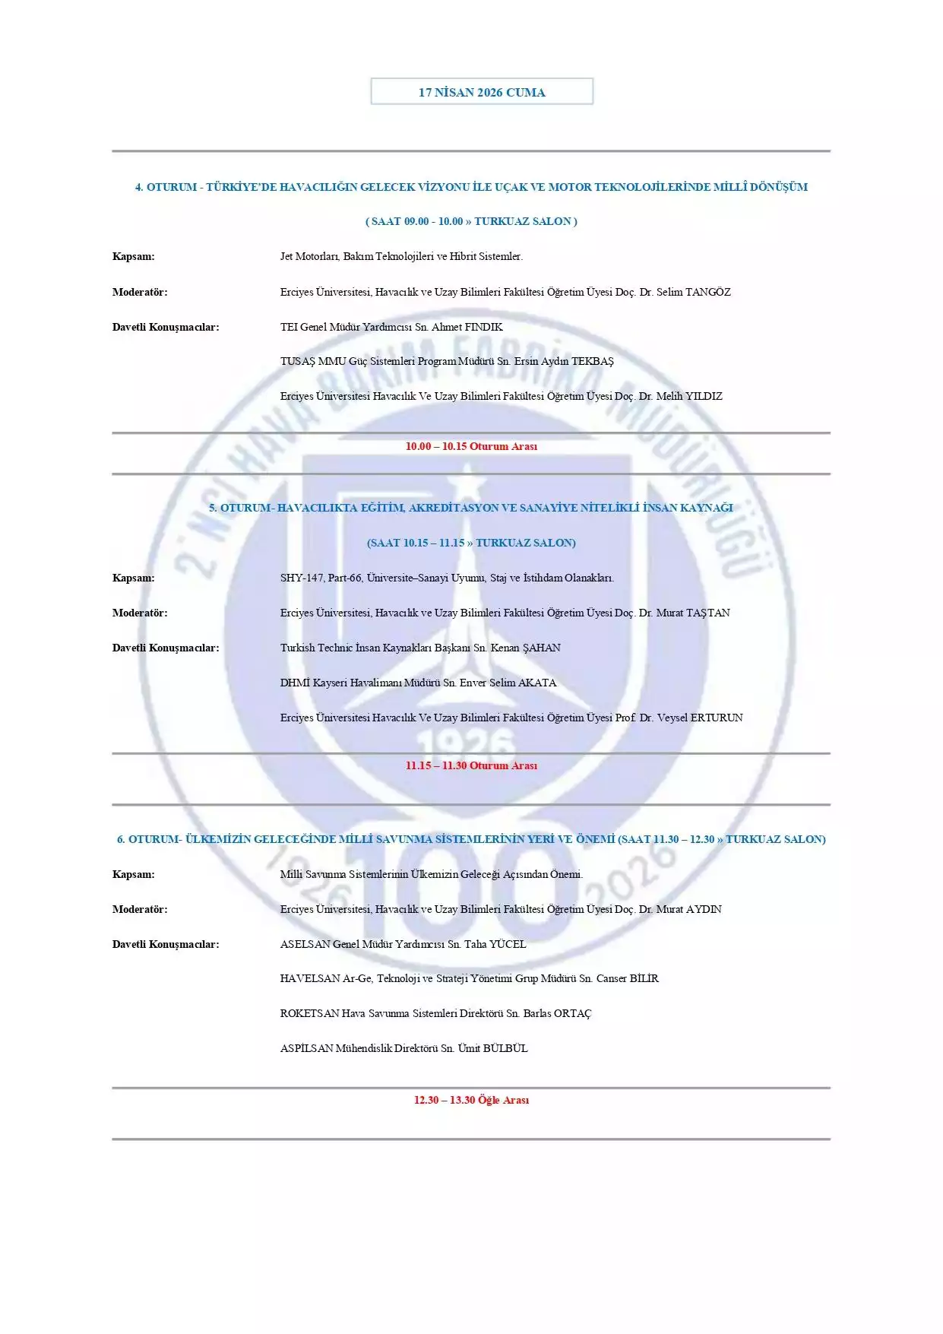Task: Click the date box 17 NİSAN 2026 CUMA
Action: click(482, 92)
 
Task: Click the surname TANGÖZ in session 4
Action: click(707, 292)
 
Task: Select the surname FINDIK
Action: click(483, 327)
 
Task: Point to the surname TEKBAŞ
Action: click(592, 361)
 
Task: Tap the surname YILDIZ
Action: click(704, 396)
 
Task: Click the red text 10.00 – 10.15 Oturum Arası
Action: click(471, 446)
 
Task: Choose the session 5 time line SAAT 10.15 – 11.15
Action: click(471, 543)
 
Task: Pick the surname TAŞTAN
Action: click(707, 613)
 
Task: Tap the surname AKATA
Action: click(537, 683)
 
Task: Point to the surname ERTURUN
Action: click(717, 718)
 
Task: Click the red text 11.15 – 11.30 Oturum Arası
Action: click(471, 765)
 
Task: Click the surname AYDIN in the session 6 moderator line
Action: click(704, 909)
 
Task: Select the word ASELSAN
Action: click(305, 944)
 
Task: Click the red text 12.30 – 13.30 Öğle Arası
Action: click(471, 1100)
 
